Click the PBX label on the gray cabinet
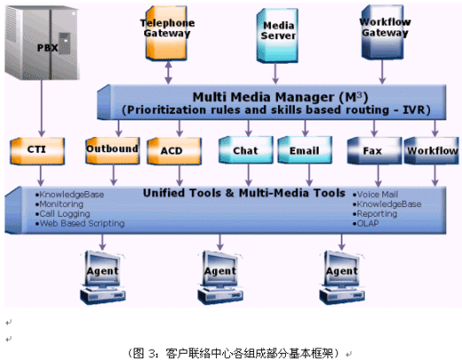(x=47, y=48)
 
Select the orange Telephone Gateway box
(x=166, y=33)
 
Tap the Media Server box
(x=277, y=35)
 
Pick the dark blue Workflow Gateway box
(x=382, y=32)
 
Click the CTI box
(x=37, y=150)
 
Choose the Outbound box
(x=112, y=150)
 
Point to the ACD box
(x=174, y=150)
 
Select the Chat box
(x=246, y=149)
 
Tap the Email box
(x=304, y=149)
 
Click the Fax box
(x=374, y=150)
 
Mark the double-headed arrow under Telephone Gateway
(x=168, y=73)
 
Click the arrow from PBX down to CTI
(x=42, y=108)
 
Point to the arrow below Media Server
(x=275, y=73)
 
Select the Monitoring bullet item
(x=59, y=204)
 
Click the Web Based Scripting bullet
(x=80, y=224)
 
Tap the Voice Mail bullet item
(x=375, y=195)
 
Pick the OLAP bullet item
(x=366, y=224)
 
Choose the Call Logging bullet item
(x=63, y=214)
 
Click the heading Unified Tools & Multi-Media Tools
(x=244, y=193)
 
